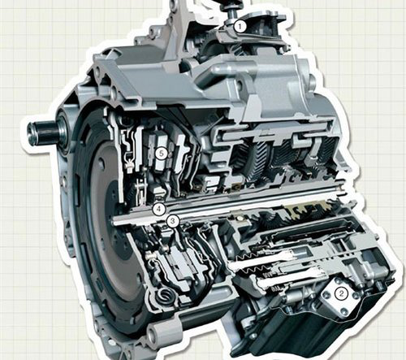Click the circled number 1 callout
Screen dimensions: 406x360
240,27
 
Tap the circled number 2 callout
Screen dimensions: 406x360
341,293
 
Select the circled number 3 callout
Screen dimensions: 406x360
173,221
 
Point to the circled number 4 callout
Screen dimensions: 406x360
159,209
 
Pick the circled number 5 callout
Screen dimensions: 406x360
162,154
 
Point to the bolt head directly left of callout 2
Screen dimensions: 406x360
326,293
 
